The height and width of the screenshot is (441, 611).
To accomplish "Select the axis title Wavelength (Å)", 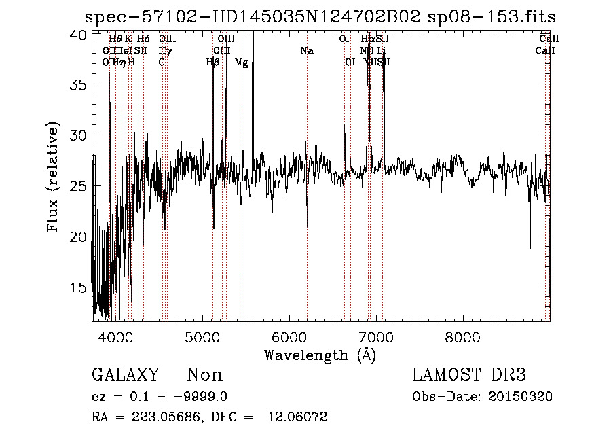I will (320, 354).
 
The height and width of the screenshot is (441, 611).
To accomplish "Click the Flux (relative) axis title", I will (54, 178).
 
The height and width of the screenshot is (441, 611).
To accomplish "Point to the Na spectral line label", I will (307, 50).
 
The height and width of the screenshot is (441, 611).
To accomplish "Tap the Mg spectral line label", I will (241, 63).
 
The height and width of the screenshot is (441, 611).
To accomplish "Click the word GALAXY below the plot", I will (126, 375).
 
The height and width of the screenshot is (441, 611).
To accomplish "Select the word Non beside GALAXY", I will (204, 375).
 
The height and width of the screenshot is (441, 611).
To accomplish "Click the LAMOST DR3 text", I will (469, 375).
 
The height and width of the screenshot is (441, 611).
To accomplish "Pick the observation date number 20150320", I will (522, 397).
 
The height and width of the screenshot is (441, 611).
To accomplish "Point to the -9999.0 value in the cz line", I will (191, 397).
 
